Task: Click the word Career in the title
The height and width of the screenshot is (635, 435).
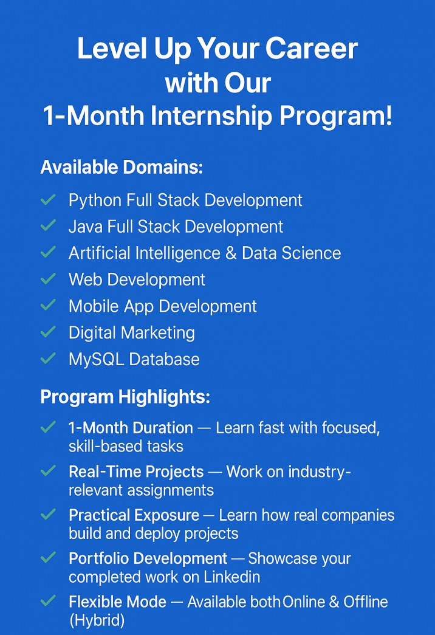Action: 312,49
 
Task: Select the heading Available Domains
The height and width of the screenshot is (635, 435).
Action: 122,167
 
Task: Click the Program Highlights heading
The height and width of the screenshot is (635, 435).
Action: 125,397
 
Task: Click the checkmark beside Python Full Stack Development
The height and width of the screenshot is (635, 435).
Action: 48,199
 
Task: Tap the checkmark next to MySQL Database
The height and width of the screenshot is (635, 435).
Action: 48,358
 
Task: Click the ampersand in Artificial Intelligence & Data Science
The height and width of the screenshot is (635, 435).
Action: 231,253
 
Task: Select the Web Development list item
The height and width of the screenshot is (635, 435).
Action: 137,280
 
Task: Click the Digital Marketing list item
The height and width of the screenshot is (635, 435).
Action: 132,333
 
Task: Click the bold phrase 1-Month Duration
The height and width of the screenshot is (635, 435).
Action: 131,428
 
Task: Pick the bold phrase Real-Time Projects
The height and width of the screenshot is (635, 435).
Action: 136,472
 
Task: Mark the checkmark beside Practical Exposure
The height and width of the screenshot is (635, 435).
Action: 48,514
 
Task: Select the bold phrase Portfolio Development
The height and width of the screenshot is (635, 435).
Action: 148,559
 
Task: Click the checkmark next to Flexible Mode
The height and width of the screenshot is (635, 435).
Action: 48,600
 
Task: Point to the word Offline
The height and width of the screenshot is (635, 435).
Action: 366,602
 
